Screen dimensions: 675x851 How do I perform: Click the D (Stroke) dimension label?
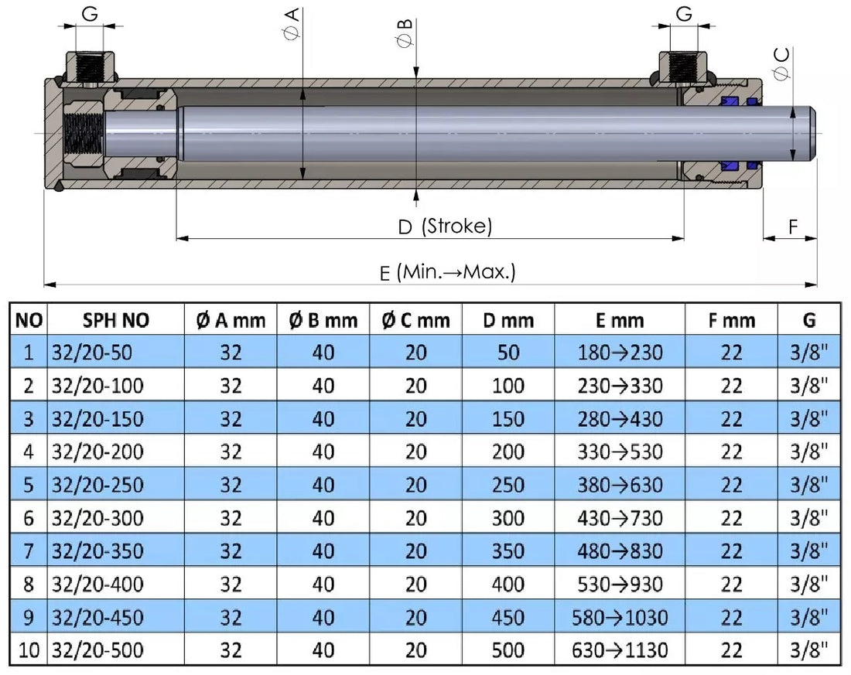click(x=445, y=227)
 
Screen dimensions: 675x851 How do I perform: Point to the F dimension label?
click(x=793, y=227)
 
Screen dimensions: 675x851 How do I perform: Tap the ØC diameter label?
click(x=781, y=63)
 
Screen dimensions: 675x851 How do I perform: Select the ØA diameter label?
click(x=292, y=24)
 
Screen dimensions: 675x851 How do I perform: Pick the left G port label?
click(x=90, y=13)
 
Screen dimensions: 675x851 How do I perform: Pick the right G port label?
click(x=684, y=13)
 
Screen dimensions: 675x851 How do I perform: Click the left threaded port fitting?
click(x=91, y=67)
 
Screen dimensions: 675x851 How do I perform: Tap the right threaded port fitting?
click(x=684, y=67)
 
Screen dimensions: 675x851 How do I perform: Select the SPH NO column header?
click(x=116, y=320)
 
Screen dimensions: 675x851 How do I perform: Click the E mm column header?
click(x=620, y=320)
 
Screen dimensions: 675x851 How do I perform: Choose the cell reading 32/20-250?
click(x=97, y=485)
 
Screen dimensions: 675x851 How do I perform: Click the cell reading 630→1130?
click(x=620, y=650)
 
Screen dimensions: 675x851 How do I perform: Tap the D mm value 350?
click(x=508, y=551)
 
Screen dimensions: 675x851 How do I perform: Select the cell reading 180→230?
click(x=620, y=353)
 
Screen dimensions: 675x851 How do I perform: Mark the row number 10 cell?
click(x=29, y=650)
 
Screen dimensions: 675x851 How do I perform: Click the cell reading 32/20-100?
click(x=97, y=386)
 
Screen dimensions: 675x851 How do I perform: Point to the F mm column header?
click(x=731, y=320)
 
